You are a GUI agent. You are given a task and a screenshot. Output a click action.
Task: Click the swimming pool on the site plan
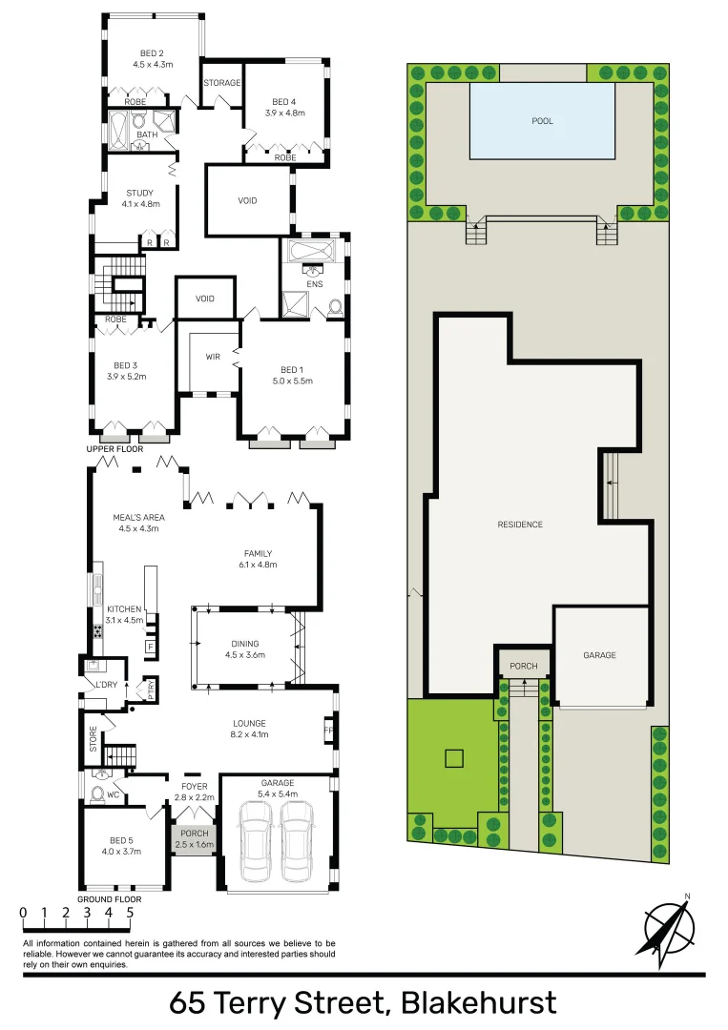(x=542, y=121)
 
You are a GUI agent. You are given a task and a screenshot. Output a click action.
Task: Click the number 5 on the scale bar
(x=129, y=912)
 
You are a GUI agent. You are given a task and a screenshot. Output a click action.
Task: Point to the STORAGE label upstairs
(x=221, y=83)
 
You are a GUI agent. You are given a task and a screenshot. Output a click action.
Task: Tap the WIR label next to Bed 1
(x=213, y=357)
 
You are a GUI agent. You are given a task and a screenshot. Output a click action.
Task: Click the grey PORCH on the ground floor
(x=194, y=838)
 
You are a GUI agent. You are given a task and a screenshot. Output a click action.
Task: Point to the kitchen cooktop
(x=98, y=631)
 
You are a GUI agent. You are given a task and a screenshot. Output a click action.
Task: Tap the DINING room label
(x=244, y=649)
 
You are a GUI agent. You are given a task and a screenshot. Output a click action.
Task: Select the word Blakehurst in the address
(x=478, y=1003)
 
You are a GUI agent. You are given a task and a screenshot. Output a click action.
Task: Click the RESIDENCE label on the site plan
(x=520, y=525)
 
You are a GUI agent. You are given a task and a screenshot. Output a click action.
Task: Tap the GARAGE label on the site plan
(x=600, y=655)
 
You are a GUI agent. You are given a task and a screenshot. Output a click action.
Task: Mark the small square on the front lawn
(x=454, y=759)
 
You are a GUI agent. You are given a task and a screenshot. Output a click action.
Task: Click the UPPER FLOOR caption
(x=114, y=448)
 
